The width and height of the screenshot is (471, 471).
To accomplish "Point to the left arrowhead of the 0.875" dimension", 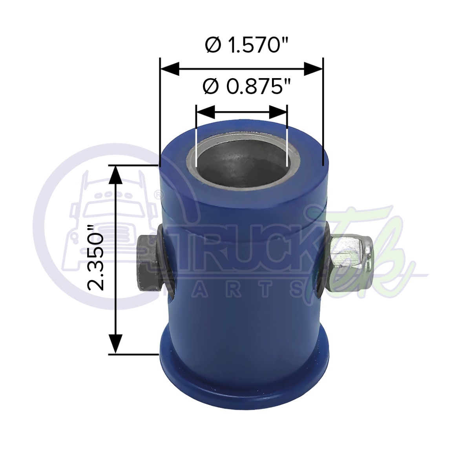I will [205, 112].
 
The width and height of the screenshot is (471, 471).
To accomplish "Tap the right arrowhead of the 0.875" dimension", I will [278, 112].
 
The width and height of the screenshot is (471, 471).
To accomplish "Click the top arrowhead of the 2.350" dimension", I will [115, 175].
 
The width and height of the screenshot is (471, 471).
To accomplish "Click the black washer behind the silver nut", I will [323, 259].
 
